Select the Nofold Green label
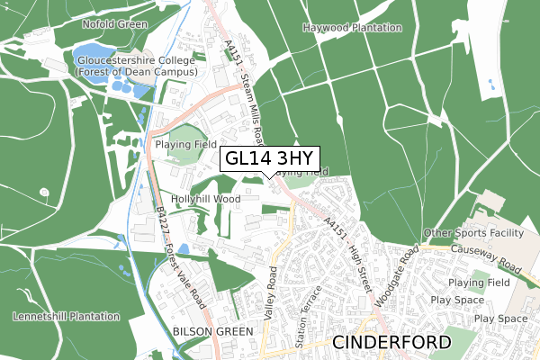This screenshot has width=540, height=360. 113,24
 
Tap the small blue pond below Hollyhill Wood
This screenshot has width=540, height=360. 183,248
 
